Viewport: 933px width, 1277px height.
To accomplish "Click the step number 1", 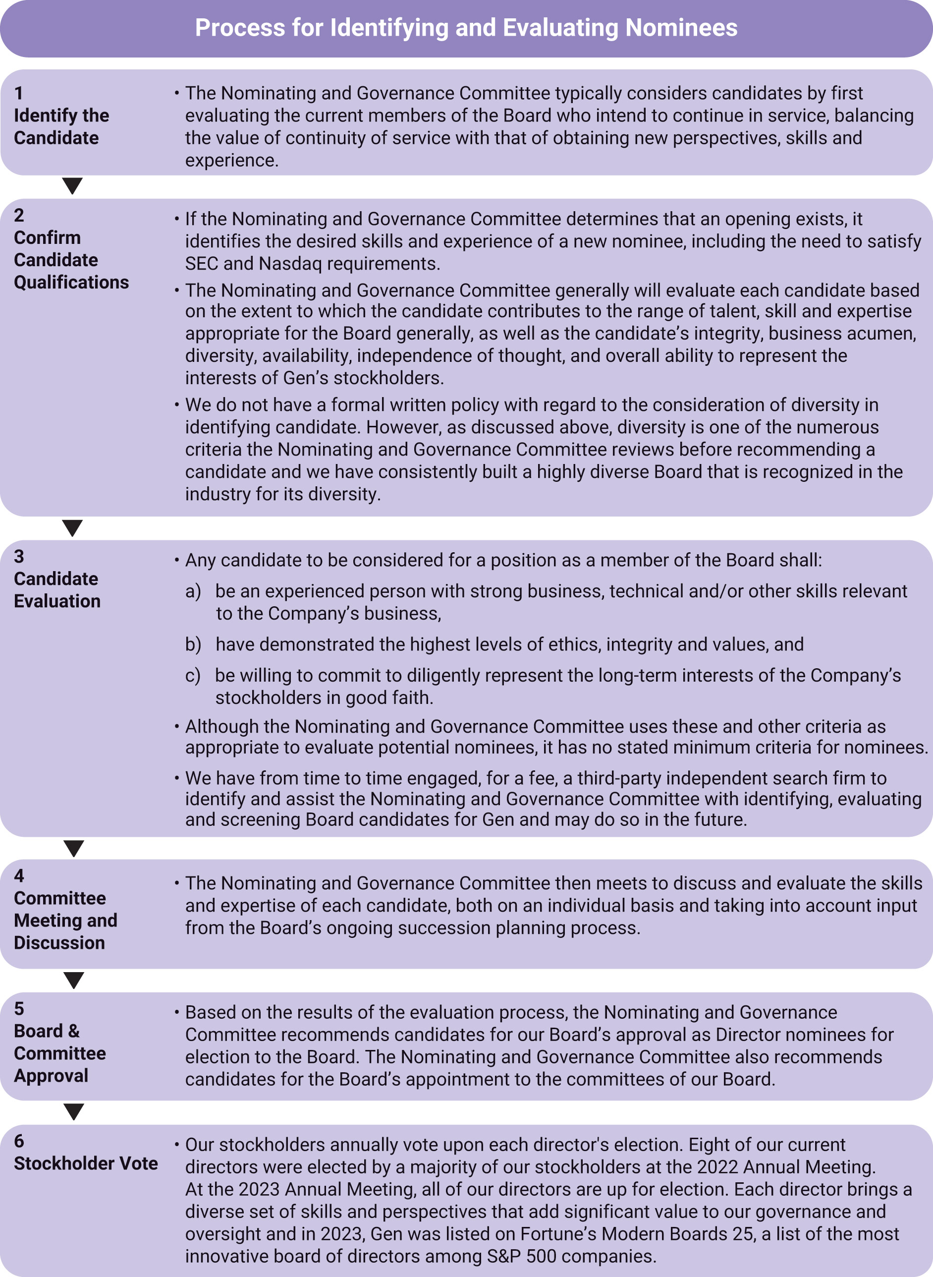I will point(19,93).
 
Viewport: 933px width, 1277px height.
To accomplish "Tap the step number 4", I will point(19,875).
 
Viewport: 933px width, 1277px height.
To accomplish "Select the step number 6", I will point(19,1141).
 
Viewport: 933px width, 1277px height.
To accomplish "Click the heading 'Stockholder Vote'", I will point(86,1163).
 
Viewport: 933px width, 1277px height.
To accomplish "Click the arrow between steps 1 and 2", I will point(73,185).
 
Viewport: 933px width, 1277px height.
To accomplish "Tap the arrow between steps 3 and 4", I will point(74,848).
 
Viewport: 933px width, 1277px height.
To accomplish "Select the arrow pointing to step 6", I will point(74,1111).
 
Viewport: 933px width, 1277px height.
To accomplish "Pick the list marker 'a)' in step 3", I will point(193,591).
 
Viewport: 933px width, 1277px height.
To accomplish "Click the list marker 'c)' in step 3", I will point(193,676).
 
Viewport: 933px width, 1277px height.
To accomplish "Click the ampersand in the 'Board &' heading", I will point(74,1031).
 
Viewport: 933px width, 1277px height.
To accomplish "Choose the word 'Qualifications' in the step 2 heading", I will point(71,282).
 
